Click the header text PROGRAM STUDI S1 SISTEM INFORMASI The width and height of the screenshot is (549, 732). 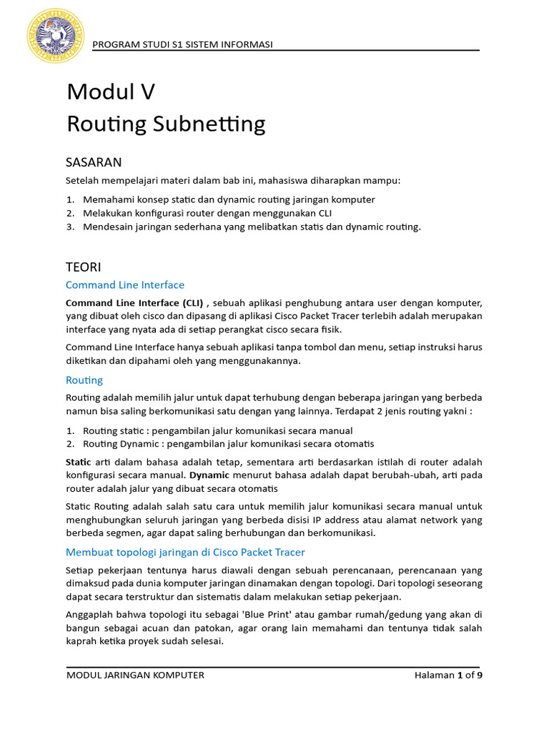tap(183, 45)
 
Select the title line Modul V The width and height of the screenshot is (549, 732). tap(111, 92)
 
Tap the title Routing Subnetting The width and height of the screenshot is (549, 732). tap(166, 124)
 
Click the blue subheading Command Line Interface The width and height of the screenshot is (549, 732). tap(125, 285)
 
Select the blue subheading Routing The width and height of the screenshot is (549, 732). tap(84, 380)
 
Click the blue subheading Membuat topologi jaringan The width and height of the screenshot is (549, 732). tap(185, 551)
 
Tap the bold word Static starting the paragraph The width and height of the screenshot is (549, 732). tap(79, 461)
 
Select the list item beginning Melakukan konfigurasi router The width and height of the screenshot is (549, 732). tap(207, 213)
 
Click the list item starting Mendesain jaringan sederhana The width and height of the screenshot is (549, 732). tap(252, 227)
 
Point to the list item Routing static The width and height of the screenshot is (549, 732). tap(217, 430)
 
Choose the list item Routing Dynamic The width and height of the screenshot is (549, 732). tap(228, 444)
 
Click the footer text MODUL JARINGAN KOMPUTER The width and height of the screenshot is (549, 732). tap(135, 675)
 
